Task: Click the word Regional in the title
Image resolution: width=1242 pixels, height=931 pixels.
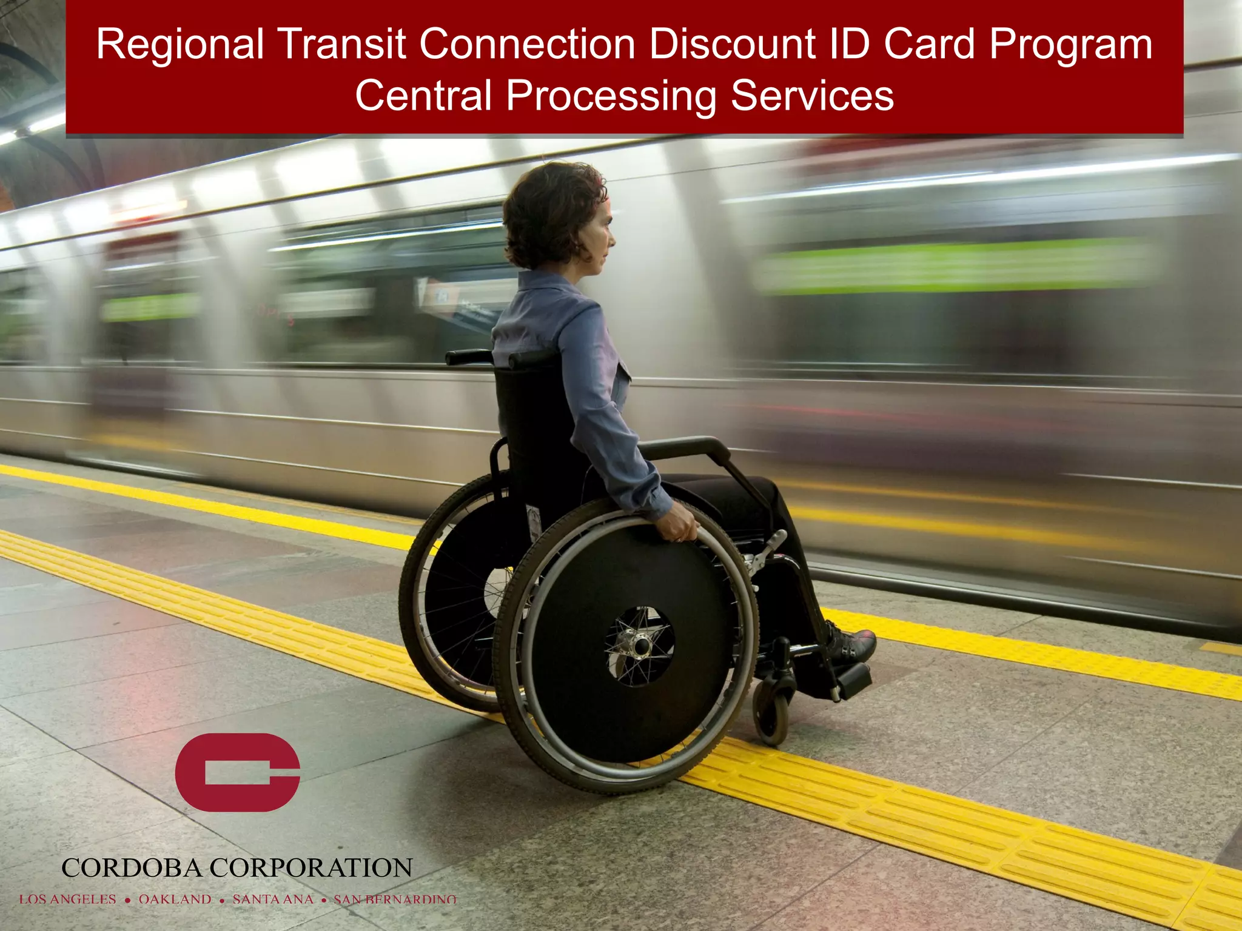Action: (180, 45)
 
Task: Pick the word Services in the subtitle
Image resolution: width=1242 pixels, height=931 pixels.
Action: (812, 96)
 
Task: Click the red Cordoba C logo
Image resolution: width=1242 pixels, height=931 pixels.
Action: (237, 772)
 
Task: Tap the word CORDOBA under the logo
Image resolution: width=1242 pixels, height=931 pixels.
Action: (131, 868)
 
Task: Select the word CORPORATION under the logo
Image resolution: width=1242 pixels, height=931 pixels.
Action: (311, 868)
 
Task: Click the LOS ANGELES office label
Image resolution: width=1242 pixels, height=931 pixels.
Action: (67, 899)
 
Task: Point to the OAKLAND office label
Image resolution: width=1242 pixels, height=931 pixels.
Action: (175, 899)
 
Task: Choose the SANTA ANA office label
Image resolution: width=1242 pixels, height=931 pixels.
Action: (273, 899)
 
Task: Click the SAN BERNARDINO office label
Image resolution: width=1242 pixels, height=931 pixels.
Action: (395, 899)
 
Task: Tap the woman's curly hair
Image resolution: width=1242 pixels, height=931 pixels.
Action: (549, 212)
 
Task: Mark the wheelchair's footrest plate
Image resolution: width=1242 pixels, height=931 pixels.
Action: (853, 679)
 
